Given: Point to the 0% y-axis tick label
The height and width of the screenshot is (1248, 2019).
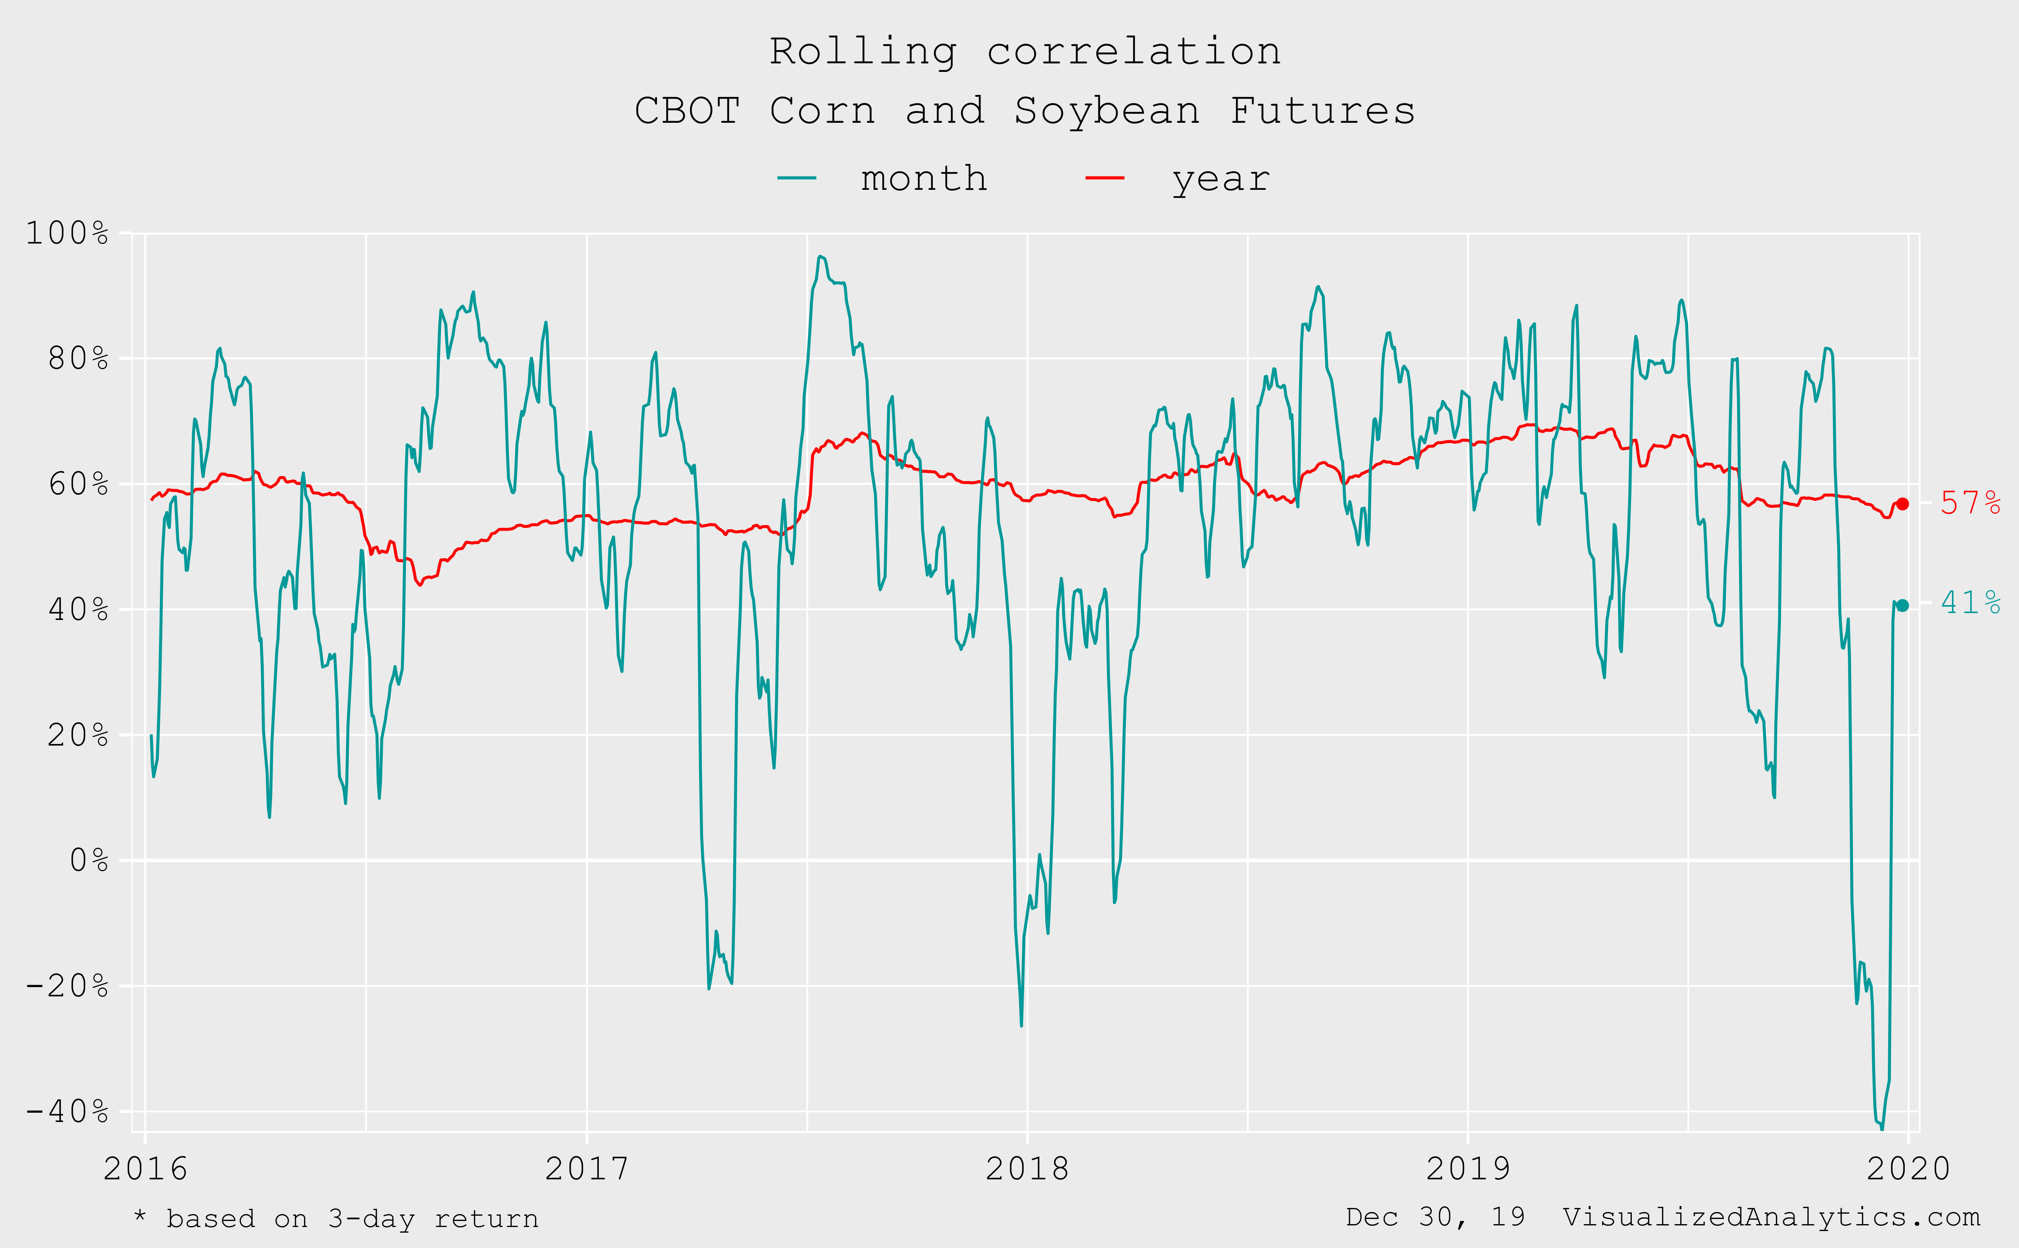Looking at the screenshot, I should click(x=88, y=861).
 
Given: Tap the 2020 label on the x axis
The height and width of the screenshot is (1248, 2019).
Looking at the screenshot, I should click(x=1908, y=1169).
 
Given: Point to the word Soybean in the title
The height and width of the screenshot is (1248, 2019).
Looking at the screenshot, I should click(x=1106, y=111).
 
